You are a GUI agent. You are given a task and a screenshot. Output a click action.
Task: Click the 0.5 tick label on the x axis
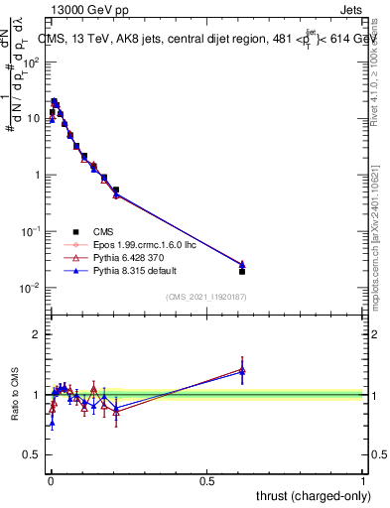[x=206, y=480]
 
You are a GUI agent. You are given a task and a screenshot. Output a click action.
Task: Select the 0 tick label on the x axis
[x=51, y=480]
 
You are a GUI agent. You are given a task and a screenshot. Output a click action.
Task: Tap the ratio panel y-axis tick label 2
[x=36, y=334]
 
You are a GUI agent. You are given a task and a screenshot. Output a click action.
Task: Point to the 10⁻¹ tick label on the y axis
[x=30, y=231]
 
